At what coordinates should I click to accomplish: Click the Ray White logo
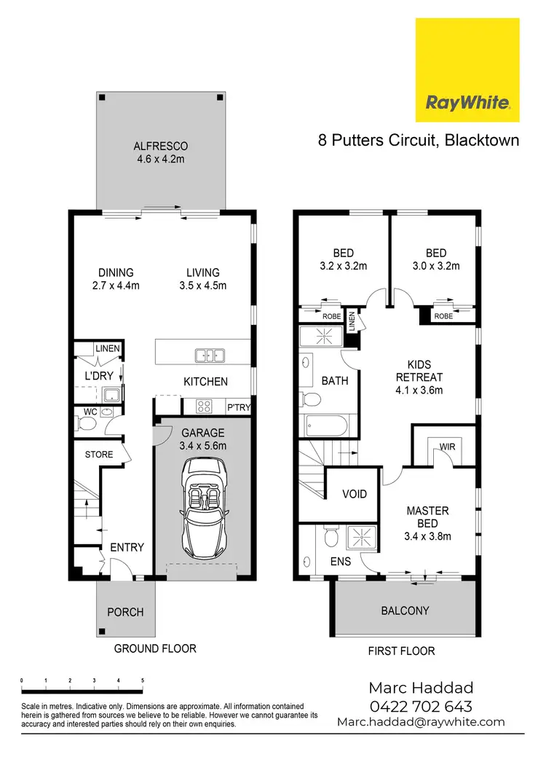click(467, 70)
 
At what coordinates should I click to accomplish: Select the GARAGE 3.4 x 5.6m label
click(204, 439)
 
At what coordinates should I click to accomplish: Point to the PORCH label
click(125, 612)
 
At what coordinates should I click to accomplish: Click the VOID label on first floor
click(355, 494)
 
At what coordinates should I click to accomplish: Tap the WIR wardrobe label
click(446, 445)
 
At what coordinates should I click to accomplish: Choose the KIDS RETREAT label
click(419, 377)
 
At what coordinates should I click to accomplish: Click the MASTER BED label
click(427, 523)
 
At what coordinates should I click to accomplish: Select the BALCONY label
click(405, 611)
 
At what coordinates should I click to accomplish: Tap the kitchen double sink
click(209, 356)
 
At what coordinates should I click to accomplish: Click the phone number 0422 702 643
click(421, 706)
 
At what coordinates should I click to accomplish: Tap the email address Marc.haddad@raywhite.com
click(421, 722)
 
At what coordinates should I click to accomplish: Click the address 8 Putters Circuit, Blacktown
click(419, 140)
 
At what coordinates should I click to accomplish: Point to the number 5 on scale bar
click(143, 680)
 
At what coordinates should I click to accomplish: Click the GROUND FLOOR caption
click(155, 648)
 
